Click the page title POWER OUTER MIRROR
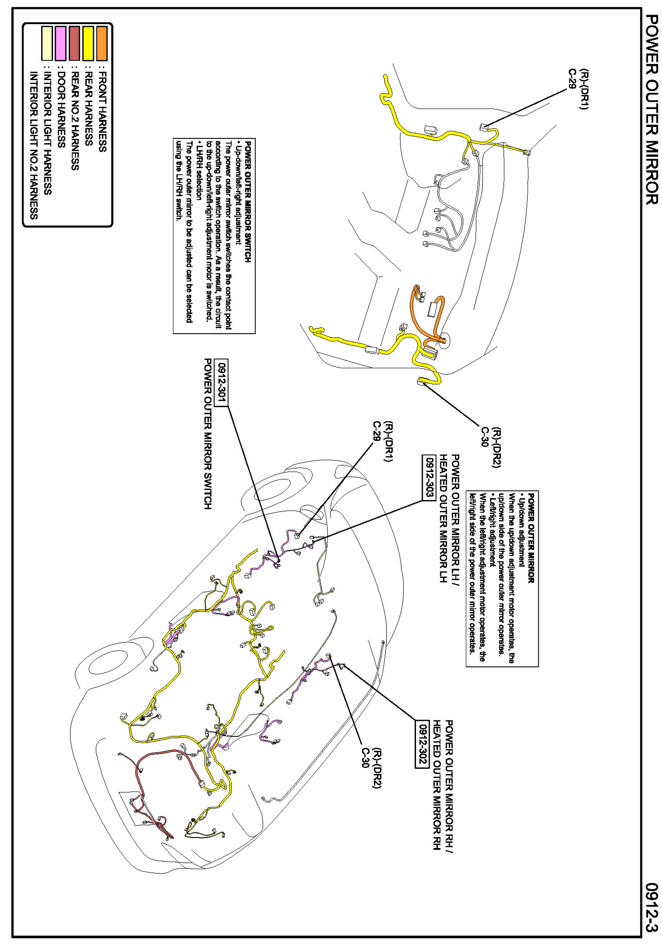pyautogui.click(x=651, y=109)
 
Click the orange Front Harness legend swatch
pyautogui.click(x=102, y=44)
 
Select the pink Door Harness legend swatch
pyautogui.click(x=60, y=44)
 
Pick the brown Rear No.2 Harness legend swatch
pyautogui.click(x=74, y=44)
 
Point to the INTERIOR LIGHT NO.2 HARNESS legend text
pyautogui.click(x=33, y=145)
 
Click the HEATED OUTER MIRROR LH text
pyautogui.click(x=443, y=519)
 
